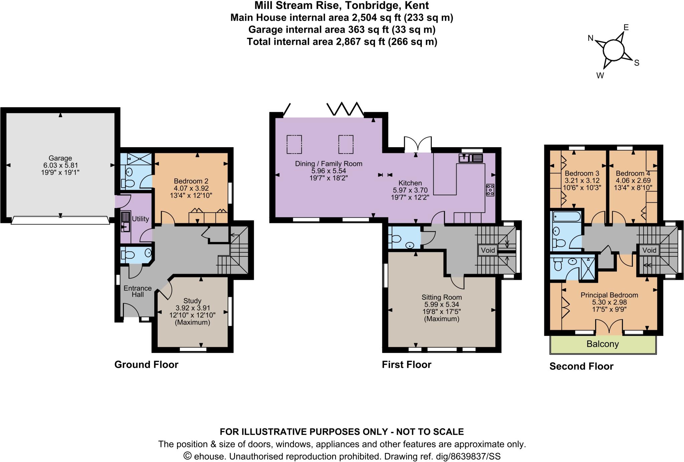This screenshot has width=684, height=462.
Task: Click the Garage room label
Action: pos(60,158)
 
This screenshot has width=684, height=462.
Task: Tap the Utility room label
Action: pos(140,219)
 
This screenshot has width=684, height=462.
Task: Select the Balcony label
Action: pos(603,344)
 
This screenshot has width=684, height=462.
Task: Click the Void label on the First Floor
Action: pos(488,250)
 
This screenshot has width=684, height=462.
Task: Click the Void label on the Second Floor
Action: pos(649,250)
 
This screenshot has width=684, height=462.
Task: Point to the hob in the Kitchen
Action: pos(490,190)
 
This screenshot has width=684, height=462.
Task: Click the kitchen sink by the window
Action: pos(471,158)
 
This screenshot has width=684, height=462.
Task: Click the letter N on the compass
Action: pos(590,38)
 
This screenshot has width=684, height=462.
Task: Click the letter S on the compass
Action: pos(637,63)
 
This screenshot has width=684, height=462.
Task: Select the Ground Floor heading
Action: pos(146,365)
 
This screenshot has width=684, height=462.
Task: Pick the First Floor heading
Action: pos(406,365)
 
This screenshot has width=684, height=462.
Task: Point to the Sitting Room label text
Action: pos(442,297)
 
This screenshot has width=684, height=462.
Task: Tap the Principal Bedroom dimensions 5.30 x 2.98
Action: pos(609,302)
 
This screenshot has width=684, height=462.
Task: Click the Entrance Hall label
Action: pos(138,291)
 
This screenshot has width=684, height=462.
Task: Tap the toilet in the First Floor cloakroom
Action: pos(396,239)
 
